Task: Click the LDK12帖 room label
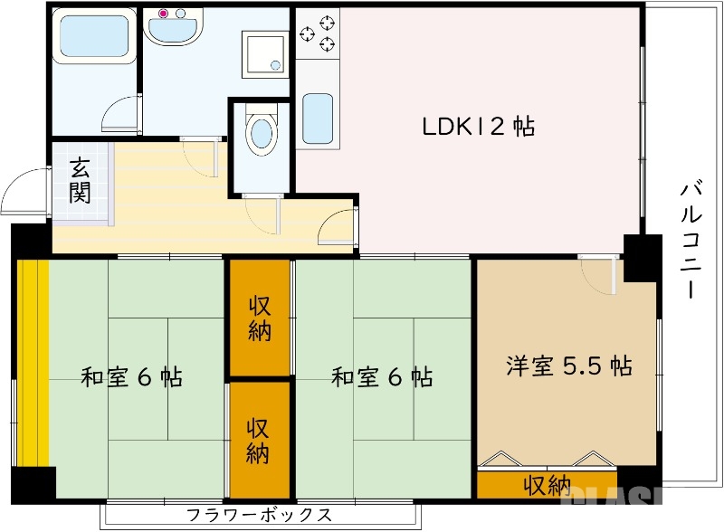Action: [478, 126]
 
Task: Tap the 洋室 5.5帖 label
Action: [568, 366]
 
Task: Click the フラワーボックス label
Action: [259, 516]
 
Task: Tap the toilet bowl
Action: [262, 133]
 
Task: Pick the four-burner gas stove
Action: [317, 35]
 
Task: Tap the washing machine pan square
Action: [264, 52]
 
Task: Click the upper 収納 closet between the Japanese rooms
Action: [259, 318]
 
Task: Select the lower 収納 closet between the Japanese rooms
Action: [259, 439]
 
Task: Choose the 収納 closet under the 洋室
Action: [547, 486]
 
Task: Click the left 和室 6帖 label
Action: [131, 376]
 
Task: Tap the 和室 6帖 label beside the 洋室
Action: [381, 376]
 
